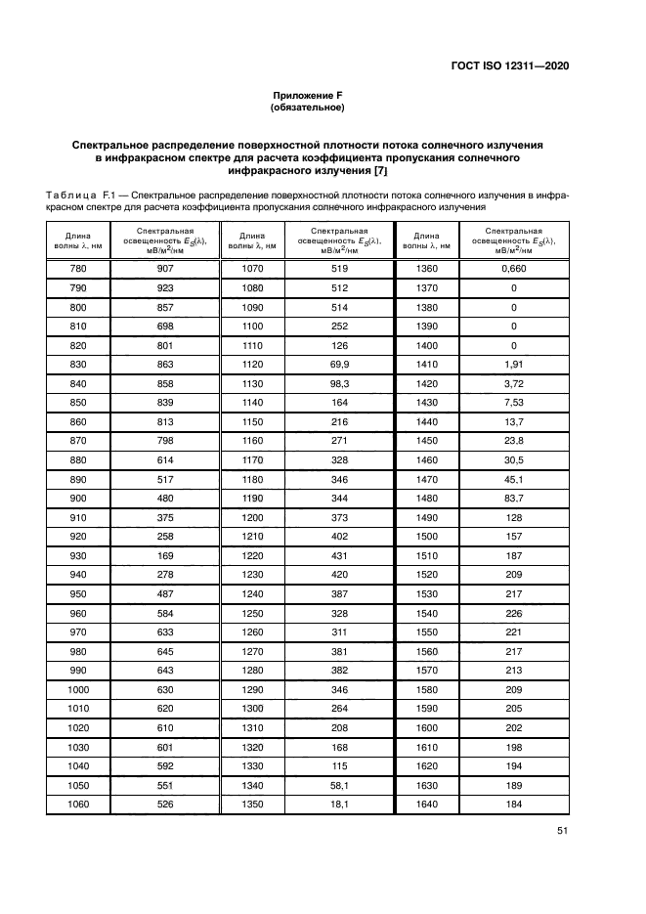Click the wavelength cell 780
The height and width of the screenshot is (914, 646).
tap(77, 268)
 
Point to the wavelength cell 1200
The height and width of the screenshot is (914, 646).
tap(252, 516)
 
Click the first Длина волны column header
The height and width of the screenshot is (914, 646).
tap(77, 240)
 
